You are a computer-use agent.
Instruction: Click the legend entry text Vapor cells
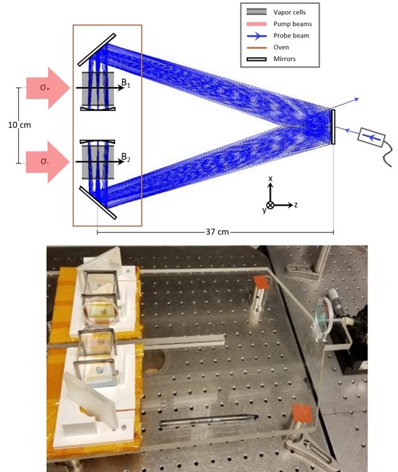290,12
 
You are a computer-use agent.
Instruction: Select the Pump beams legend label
292,24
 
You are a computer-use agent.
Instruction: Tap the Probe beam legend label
292,36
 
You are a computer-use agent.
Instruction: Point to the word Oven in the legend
281,47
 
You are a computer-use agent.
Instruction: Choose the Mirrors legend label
284,59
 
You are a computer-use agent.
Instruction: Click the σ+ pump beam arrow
48,88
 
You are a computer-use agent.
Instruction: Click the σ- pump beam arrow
47,162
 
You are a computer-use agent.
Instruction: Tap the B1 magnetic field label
126,83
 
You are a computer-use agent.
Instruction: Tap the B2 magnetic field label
126,157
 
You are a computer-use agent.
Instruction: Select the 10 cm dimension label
19,125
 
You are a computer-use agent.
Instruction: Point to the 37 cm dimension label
217,232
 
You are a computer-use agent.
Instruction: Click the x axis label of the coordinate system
271,178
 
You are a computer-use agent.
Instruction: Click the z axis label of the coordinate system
296,205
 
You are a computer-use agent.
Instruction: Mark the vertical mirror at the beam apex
333,126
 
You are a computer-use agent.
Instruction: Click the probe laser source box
371,137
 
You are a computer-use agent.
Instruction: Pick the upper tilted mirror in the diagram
97,50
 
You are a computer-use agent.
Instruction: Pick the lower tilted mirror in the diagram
97,202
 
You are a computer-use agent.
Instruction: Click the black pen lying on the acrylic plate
208,419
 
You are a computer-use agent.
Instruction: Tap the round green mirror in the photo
322,320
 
